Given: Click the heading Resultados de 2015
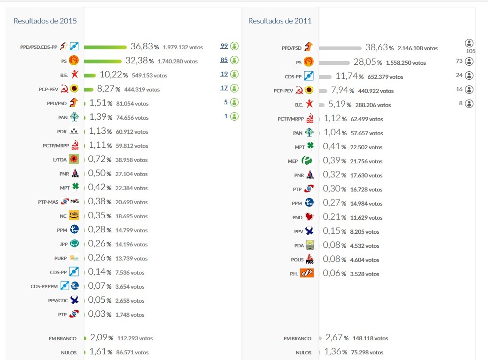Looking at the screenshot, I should pos(45,21).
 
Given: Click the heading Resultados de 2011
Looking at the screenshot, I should pos(280,21).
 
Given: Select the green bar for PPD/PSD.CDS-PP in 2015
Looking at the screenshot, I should pos(105,47).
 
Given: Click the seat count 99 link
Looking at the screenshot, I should pos(224,46).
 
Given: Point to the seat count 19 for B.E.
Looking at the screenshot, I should pos(224,74).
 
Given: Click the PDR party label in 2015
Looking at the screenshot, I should pos(62,132).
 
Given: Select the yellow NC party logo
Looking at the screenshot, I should pos(74,215).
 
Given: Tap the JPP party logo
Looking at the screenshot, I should pos(74,244).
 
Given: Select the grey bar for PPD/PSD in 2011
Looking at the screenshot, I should pos(340,48).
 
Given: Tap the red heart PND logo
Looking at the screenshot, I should pos(309,217).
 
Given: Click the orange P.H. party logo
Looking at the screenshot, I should pos(307,273).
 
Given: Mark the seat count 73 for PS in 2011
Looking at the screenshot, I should pos(459,61).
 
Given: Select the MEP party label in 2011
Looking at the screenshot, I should pos(293,161).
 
